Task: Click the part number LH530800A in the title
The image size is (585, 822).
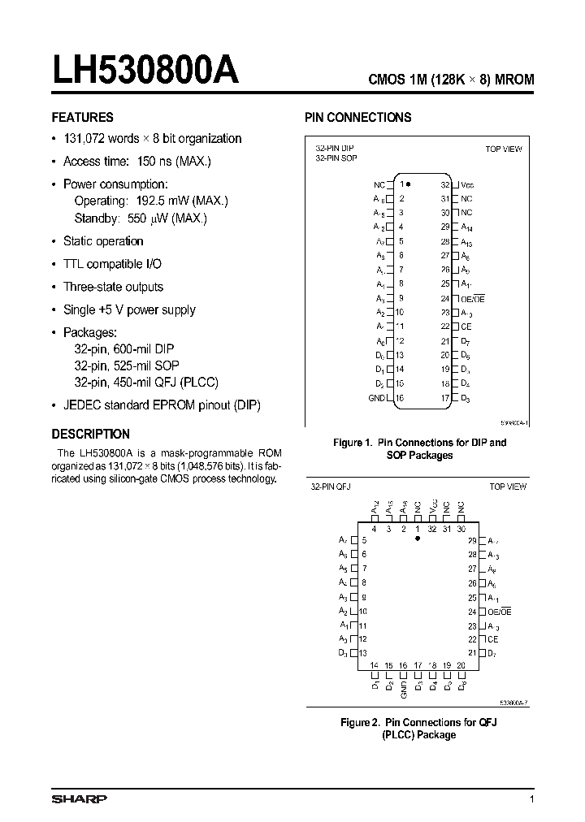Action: click(x=146, y=71)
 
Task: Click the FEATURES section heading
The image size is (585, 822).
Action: click(x=83, y=117)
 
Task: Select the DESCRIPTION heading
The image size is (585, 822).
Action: click(x=91, y=434)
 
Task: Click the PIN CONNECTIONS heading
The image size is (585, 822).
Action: click(x=357, y=117)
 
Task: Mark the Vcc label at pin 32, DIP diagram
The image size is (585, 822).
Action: click(x=467, y=184)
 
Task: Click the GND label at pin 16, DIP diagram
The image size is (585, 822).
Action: click(x=376, y=398)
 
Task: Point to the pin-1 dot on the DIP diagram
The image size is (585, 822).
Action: click(x=409, y=184)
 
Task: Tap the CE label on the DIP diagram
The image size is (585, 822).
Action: click(x=466, y=327)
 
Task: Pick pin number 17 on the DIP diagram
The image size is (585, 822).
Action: click(x=445, y=398)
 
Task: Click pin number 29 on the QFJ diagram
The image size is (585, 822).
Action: click(x=472, y=540)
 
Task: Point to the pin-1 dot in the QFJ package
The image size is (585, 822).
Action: click(x=418, y=538)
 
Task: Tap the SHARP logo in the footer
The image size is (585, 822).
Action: click(x=79, y=799)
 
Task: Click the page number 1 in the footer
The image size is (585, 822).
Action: click(x=531, y=800)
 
